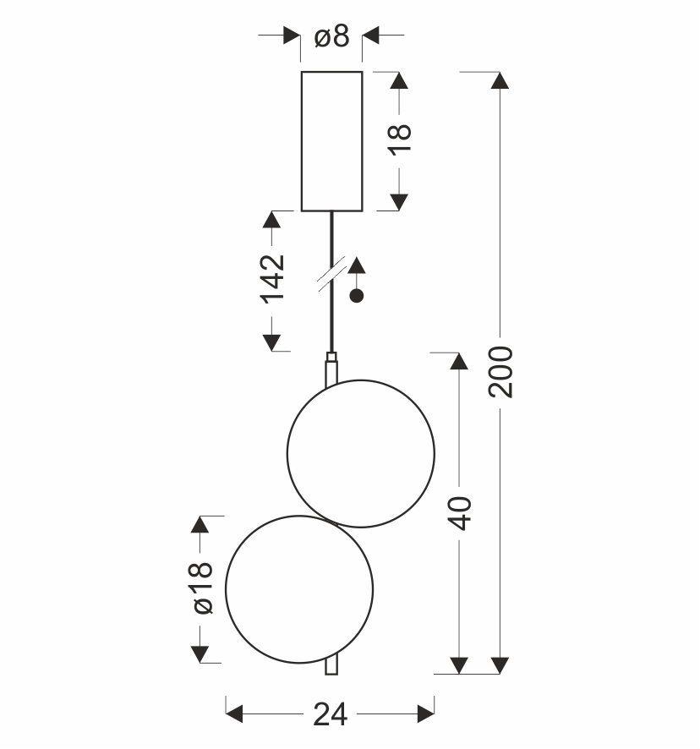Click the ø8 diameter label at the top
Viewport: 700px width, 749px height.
click(x=331, y=36)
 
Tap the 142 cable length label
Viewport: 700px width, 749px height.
click(x=272, y=280)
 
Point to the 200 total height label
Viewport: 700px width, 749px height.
click(x=500, y=372)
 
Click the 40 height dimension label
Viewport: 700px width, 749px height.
click(x=460, y=513)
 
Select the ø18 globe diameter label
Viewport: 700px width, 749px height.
click(x=202, y=588)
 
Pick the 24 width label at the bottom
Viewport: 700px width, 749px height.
click(x=331, y=714)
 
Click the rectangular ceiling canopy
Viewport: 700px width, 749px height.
click(x=331, y=141)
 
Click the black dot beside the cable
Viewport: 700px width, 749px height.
click(x=357, y=296)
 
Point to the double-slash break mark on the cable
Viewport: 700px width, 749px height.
click(x=331, y=274)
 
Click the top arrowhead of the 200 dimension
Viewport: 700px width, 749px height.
click(x=500, y=80)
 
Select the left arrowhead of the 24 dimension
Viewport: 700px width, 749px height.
click(x=234, y=714)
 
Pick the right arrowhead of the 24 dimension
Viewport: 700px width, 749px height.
click(x=426, y=714)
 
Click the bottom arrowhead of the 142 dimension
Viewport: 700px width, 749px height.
click(x=272, y=342)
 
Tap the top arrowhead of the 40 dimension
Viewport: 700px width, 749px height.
click(x=459, y=361)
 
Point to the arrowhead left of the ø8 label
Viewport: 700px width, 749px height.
click(x=292, y=35)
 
